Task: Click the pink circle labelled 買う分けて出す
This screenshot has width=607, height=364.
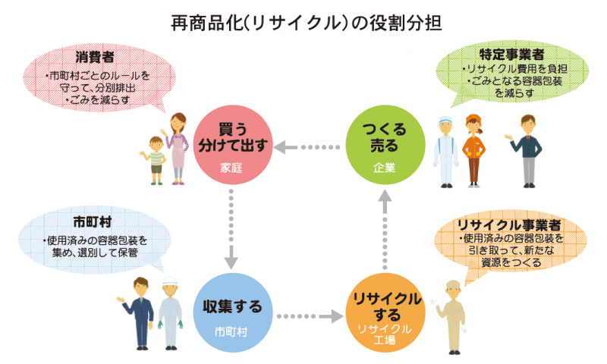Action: [232, 146]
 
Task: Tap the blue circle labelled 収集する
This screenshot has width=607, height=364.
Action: [232, 311]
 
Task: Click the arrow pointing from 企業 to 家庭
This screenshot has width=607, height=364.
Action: [307, 146]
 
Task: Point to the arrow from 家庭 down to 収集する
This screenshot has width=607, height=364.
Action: [232, 227]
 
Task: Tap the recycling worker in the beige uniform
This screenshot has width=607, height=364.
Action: [451, 315]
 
